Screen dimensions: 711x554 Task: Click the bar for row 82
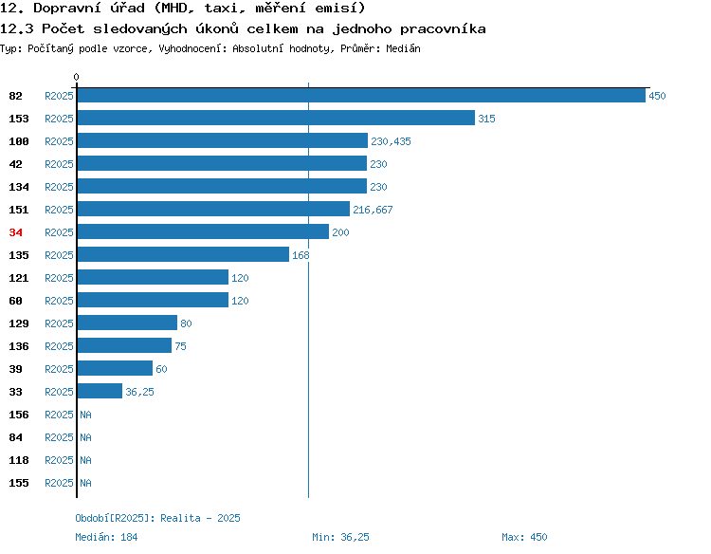click(x=361, y=95)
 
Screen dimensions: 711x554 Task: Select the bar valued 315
click(x=276, y=118)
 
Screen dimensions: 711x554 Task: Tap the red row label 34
click(x=15, y=232)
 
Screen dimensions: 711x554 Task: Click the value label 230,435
click(x=391, y=141)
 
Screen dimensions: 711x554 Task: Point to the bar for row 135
click(x=183, y=254)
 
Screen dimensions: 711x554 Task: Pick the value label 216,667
click(x=373, y=210)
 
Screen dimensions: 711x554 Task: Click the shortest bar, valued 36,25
click(x=100, y=391)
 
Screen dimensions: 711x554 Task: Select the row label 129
click(x=19, y=323)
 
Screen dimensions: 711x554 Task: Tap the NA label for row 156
click(x=85, y=415)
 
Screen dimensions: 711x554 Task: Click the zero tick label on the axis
click(x=76, y=77)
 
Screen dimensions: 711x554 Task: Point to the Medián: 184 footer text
click(x=106, y=537)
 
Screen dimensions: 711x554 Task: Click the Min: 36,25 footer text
click(x=340, y=537)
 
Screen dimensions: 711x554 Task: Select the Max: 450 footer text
click(x=524, y=537)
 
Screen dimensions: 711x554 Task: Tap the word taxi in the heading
click(x=221, y=9)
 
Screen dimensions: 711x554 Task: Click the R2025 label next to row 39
click(x=59, y=369)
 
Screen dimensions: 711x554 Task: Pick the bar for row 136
click(x=125, y=345)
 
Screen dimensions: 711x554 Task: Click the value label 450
click(x=657, y=96)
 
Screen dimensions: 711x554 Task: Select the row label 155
click(x=19, y=483)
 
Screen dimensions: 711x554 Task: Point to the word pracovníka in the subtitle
click(x=443, y=29)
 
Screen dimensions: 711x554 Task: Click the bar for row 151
click(x=213, y=209)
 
